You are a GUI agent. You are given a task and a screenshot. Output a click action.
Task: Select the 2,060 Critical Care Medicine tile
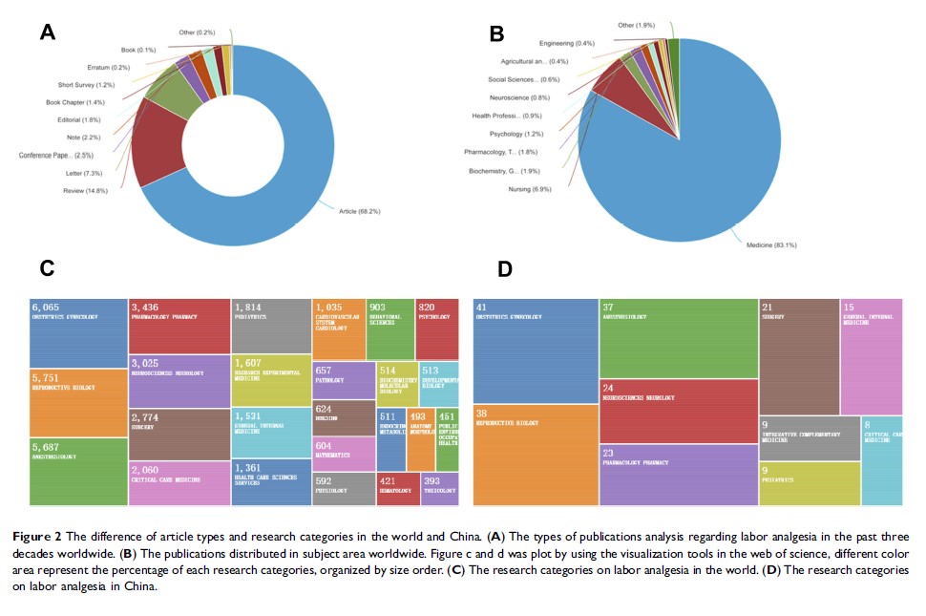[179, 482]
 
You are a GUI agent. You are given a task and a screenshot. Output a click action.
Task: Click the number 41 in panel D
[482, 307]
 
